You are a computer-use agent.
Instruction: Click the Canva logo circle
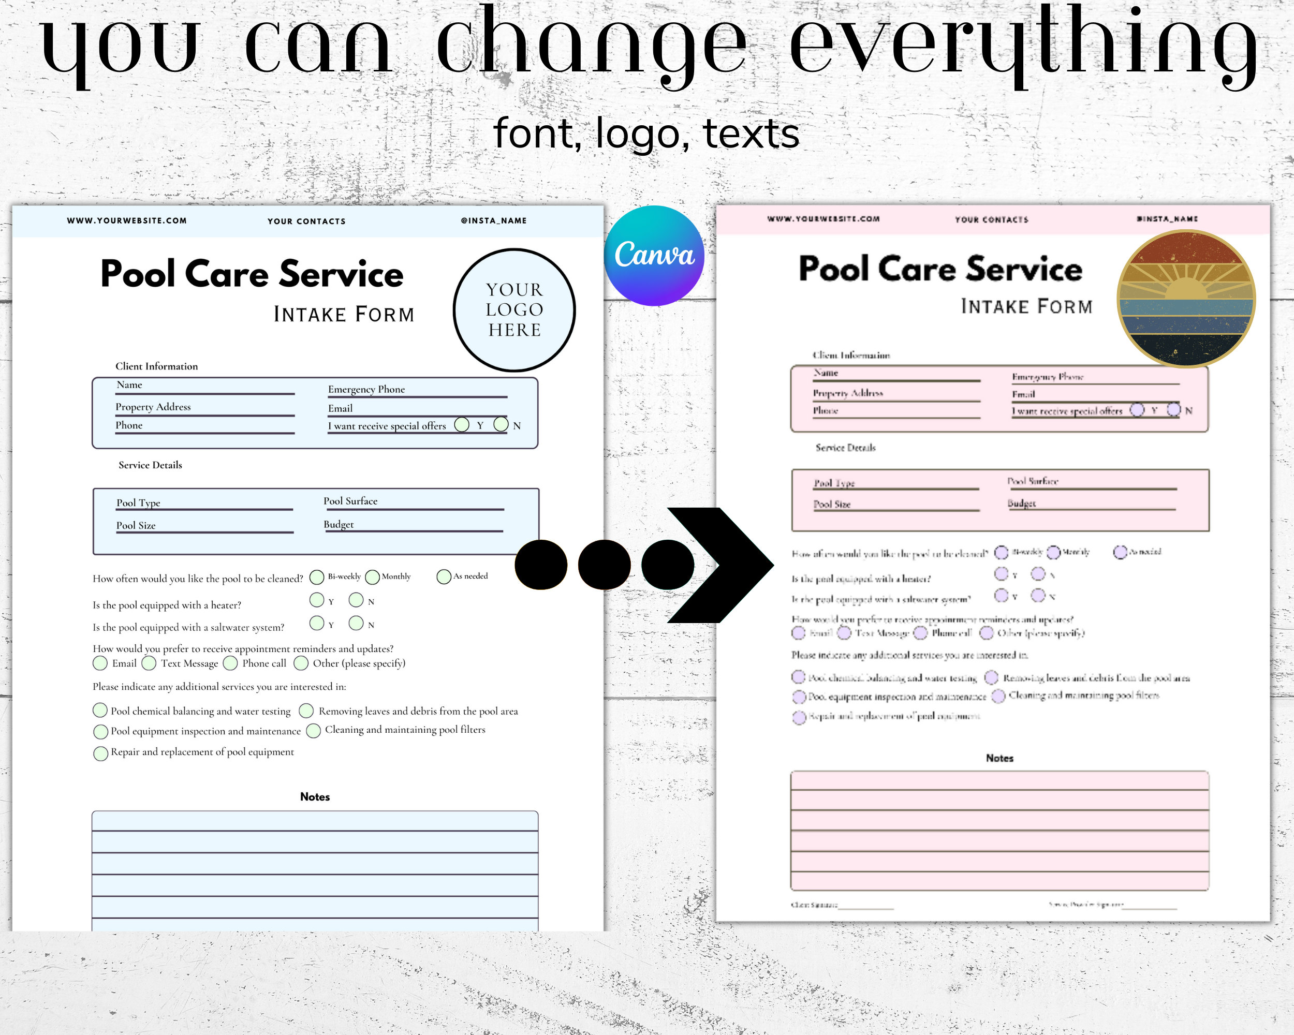(x=654, y=256)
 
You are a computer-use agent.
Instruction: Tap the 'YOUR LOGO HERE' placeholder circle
(x=514, y=309)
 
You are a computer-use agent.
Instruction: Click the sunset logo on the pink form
(x=1185, y=298)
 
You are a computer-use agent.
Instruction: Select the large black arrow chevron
(x=720, y=565)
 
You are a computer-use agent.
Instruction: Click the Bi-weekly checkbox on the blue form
(x=317, y=577)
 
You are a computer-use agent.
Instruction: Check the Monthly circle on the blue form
(x=372, y=577)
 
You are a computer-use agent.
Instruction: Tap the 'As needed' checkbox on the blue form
(x=444, y=576)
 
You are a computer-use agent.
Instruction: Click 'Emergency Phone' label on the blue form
(x=366, y=389)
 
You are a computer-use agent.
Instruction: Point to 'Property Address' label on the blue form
(x=153, y=407)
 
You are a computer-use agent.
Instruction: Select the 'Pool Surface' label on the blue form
(x=350, y=501)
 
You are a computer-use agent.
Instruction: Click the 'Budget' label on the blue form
(x=339, y=524)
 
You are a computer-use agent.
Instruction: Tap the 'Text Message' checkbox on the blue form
(x=149, y=663)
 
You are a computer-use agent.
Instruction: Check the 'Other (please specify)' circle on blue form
(x=301, y=663)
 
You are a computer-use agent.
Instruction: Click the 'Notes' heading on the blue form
(x=315, y=797)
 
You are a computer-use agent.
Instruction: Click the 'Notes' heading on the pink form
(x=999, y=759)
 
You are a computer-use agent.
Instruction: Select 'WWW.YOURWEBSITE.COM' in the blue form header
(x=127, y=221)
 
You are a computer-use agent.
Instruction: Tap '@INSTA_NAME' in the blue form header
(x=493, y=221)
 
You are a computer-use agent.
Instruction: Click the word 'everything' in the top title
(x=1023, y=45)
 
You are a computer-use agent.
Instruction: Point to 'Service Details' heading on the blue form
(x=150, y=465)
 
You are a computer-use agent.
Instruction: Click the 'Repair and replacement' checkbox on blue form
(x=101, y=753)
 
